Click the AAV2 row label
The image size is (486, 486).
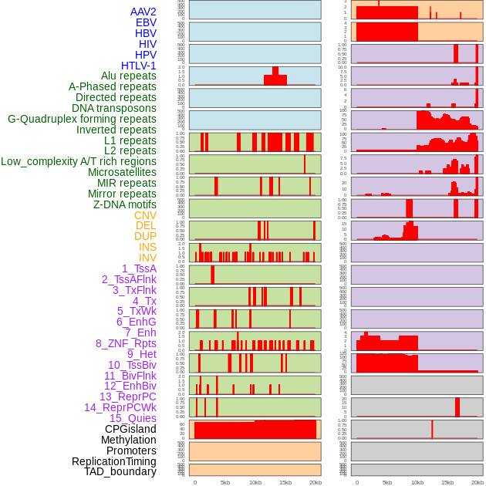[x=143, y=12]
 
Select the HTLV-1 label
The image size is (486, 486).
[x=139, y=66]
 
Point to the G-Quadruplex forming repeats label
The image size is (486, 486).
[x=82, y=119]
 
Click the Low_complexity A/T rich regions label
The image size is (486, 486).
[x=79, y=161]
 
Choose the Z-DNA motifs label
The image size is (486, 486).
[x=125, y=204]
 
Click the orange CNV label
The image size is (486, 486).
[x=145, y=215]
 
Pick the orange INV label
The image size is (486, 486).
[x=147, y=258]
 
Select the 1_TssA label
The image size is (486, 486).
[x=139, y=268]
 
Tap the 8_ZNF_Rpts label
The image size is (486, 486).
[x=126, y=343]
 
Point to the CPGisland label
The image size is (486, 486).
[x=130, y=429]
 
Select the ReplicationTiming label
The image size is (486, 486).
[x=114, y=461]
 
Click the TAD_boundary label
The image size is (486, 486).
[x=120, y=471]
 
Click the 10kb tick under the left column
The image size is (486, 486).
[x=255, y=482]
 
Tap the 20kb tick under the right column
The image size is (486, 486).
[x=478, y=482]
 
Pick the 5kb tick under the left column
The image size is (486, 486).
[x=224, y=482]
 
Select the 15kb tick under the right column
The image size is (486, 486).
[x=447, y=482]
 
